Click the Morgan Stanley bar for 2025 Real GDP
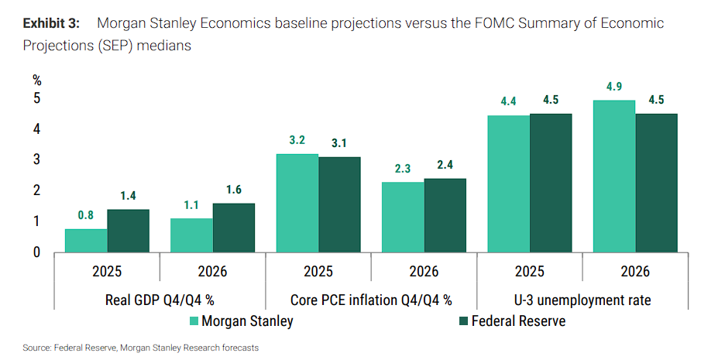tap(86, 240)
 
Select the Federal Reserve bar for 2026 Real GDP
tap(234, 228)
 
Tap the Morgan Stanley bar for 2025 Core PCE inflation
tap(297, 203)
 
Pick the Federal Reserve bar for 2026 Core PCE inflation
tap(445, 215)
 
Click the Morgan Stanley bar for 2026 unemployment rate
tap(614, 176)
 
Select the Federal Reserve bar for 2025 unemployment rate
tap(551, 183)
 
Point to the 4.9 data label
tap(614, 87)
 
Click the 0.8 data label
tap(86, 216)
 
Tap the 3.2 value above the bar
tap(297, 140)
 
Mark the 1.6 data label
tap(234, 190)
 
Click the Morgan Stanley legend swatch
tap(194, 321)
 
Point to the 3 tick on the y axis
tap(36, 159)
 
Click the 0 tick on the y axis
tap(36, 252)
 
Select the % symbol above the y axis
tap(36, 80)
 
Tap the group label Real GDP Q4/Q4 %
tap(160, 299)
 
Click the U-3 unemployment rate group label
tap(582, 299)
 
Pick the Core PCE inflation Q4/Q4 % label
tap(371, 299)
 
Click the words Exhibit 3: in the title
tap(55, 22)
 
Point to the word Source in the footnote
tap(36, 348)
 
